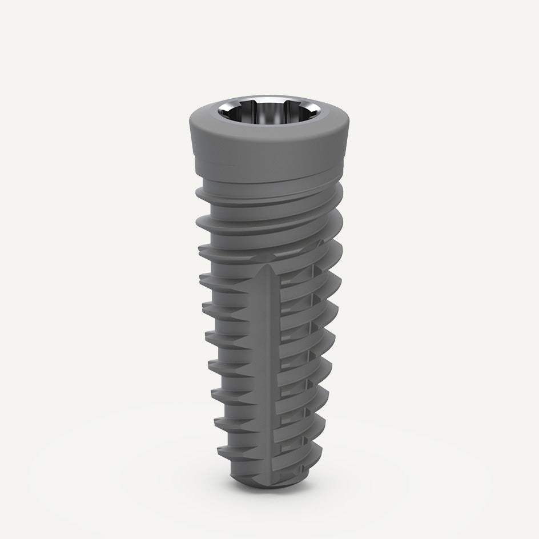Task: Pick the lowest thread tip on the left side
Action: point(220,451)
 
